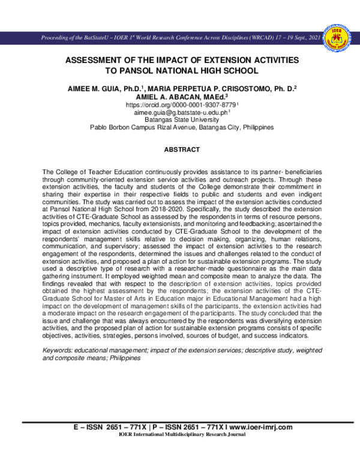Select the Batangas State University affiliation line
coord(179,120)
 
